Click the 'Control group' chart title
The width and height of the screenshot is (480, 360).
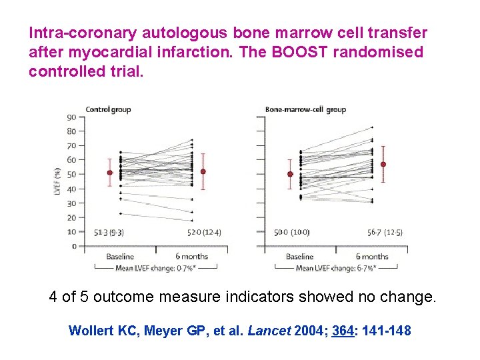107,109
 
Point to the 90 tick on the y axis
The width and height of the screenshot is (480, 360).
71,117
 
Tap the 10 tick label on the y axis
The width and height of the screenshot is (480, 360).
71,232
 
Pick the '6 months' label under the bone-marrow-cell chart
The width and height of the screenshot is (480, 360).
371,257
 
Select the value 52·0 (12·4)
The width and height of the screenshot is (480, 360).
204,232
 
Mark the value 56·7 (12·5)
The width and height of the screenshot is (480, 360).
385,232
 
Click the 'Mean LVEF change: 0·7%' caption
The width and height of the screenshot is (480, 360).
155,269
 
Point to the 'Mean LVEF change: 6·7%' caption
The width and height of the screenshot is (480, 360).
335,269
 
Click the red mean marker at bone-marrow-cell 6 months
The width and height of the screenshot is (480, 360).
383,164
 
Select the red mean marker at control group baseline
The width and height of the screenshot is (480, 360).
110,173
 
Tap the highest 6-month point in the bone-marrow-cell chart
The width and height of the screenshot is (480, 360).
372,127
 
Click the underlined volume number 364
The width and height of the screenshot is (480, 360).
343,330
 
